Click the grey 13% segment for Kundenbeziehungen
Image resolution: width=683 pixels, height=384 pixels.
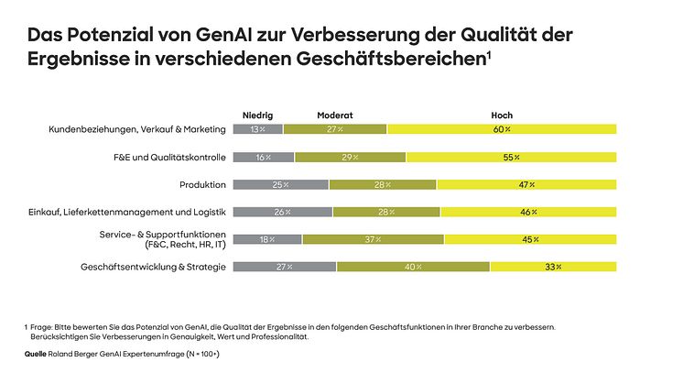point(258,129)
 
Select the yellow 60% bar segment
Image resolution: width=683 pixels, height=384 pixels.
point(502,129)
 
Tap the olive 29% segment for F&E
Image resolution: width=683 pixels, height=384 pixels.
point(350,158)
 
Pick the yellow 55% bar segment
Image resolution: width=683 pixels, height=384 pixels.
point(511,158)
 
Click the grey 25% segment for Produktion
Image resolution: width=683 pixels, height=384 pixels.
point(281,185)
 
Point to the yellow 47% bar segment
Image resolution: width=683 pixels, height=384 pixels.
point(526,185)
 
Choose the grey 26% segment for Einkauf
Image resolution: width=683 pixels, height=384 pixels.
point(283,213)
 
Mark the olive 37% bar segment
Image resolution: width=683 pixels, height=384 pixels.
point(373,240)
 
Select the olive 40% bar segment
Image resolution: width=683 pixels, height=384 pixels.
point(413,267)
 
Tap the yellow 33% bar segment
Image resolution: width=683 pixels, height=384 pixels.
point(553,267)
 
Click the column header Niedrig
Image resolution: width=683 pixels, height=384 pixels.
point(257,115)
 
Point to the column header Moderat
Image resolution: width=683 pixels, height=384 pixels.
point(335,115)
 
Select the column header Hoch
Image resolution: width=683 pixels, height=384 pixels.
point(501,115)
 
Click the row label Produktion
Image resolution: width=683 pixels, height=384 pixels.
point(202,185)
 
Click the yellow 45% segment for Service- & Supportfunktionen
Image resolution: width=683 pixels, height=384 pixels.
point(530,240)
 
